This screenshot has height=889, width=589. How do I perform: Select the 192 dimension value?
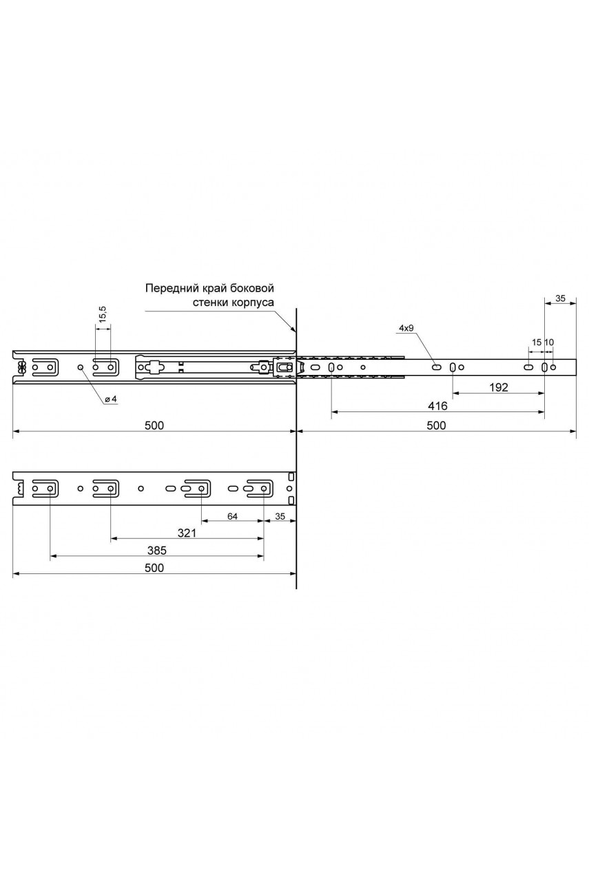tap(498, 387)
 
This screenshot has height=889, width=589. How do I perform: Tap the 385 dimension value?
tap(156, 551)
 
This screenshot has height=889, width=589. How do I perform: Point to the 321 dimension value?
tap(187, 533)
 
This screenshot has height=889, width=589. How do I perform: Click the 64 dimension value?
tap(232, 516)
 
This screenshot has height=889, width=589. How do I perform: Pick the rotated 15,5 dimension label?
tap(103, 314)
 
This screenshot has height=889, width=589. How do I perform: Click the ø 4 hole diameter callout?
tap(112, 399)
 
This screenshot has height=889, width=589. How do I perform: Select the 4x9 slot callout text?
tap(406, 328)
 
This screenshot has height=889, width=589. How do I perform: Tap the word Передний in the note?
tap(171, 288)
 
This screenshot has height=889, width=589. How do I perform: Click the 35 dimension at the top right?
tap(559, 298)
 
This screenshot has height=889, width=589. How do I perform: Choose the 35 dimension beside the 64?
tap(280, 516)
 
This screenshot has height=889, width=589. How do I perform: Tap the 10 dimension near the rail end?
tap(549, 342)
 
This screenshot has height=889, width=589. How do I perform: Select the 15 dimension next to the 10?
tap(536, 342)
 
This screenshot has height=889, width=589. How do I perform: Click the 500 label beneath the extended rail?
tap(436, 425)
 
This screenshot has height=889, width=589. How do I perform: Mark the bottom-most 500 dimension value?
tap(154, 568)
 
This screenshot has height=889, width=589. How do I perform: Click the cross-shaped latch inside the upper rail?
tap(153, 367)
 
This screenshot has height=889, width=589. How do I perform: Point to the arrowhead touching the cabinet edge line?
tap(293, 329)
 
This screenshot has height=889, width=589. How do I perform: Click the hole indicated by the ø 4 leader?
tap(80, 367)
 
